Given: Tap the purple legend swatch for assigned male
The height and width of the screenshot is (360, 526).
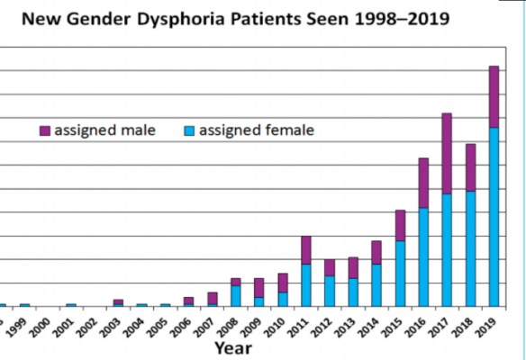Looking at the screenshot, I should [45, 131].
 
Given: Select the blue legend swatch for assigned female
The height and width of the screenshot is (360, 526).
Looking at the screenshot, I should [189, 131].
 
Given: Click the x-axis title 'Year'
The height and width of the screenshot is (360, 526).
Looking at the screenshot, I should [232, 346].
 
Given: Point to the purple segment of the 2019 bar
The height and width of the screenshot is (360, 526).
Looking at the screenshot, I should [494, 96].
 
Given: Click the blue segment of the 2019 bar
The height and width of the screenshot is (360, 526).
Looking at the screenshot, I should [494, 216].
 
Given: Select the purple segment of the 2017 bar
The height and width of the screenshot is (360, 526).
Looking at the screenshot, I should [447, 153].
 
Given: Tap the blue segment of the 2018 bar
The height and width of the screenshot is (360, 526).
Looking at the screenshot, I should [470, 247].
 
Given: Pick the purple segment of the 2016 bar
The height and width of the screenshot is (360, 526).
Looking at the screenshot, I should [423, 183].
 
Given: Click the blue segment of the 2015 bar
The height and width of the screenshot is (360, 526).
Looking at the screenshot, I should [400, 273].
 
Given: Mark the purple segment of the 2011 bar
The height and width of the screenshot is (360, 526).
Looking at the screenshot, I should [306, 249].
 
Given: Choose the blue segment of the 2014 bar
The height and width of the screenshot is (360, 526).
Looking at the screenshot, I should [376, 284].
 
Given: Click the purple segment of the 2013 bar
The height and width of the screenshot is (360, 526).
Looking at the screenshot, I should [353, 267].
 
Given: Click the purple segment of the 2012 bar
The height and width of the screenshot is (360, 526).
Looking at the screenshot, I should [330, 267].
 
